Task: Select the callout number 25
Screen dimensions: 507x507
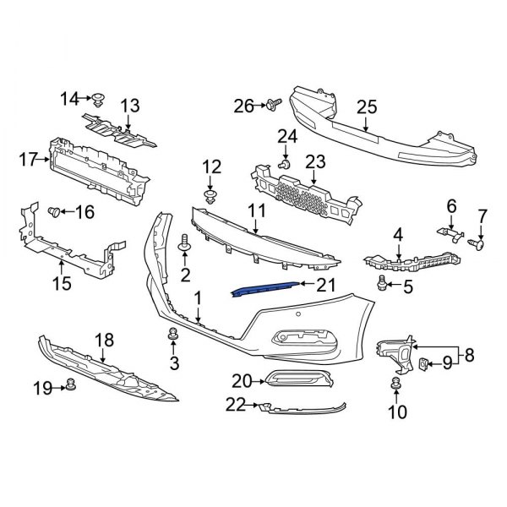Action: click(366, 106)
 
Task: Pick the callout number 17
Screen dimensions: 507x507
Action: click(28, 157)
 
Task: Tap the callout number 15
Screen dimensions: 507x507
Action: click(62, 283)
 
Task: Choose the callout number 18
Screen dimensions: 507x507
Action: click(103, 340)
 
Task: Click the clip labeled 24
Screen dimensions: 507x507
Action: click(286, 162)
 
